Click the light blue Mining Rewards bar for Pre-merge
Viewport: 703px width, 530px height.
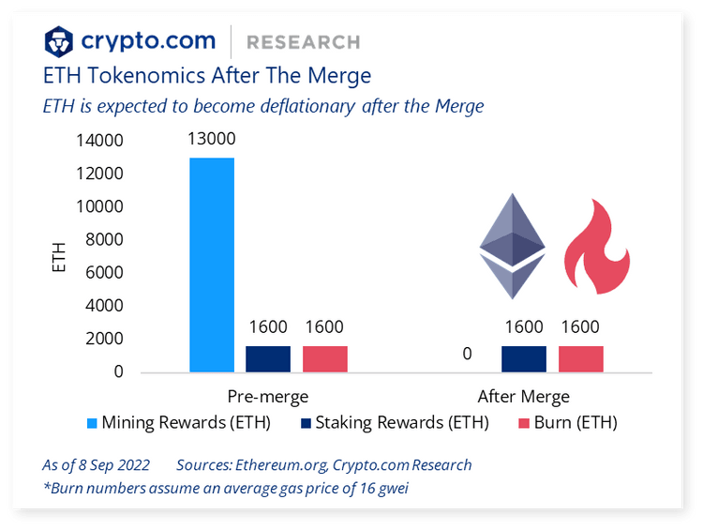tap(212, 265)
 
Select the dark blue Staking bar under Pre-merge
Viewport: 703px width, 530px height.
tap(268, 359)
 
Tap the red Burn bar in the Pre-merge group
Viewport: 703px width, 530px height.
tap(324, 359)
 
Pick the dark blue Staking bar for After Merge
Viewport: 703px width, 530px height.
tap(524, 359)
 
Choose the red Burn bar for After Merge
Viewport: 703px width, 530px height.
tap(581, 359)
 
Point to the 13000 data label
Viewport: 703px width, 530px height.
tap(212, 140)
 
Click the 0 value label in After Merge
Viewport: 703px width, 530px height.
tap(467, 356)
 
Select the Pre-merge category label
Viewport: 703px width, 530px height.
tap(268, 396)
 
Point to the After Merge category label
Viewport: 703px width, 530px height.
tap(524, 396)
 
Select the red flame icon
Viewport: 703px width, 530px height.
tap(596, 249)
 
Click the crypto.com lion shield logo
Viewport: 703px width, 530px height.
tap(60, 42)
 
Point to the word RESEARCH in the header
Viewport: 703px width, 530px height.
tap(303, 42)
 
